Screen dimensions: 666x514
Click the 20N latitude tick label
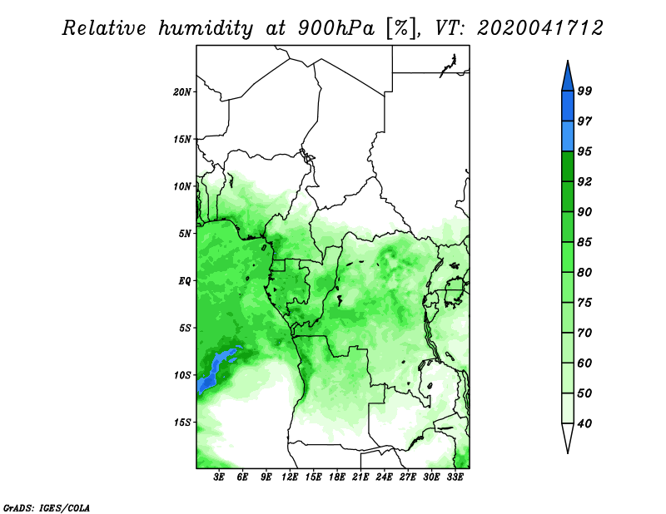point(182,91)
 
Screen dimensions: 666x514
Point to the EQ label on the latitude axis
point(184,280)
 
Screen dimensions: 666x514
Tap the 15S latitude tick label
point(182,423)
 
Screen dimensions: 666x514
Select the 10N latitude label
point(182,186)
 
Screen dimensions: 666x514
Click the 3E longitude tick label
point(219,477)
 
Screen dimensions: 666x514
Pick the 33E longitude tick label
point(455,477)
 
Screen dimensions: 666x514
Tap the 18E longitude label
point(337,477)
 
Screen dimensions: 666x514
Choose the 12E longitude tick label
point(290,477)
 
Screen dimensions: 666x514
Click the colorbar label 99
point(584,91)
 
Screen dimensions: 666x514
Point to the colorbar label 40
point(584,423)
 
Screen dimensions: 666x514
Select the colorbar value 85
point(584,242)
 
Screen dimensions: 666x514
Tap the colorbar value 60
point(584,363)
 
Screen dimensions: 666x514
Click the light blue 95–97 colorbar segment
point(568,136)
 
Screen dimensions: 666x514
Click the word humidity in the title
point(205,28)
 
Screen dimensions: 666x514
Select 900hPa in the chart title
point(336,28)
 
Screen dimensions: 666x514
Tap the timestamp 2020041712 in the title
point(539,28)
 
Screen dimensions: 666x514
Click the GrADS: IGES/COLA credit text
point(47,507)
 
